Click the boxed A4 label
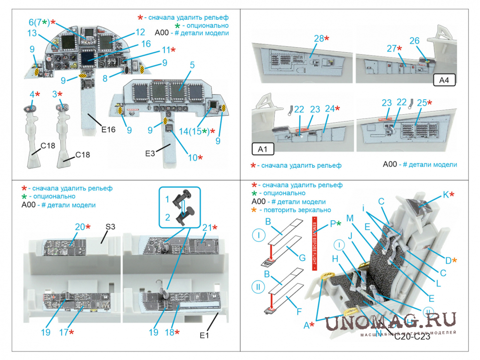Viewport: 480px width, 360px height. (444, 80)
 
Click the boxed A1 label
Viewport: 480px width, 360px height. (263, 150)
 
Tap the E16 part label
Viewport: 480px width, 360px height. (108, 130)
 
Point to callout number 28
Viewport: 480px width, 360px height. (319, 39)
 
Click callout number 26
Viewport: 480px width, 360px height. (414, 41)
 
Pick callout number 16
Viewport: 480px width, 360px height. (146, 44)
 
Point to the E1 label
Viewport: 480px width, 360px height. (204, 336)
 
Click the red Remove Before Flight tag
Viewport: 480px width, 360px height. (315, 245)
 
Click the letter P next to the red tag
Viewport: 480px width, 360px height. (332, 223)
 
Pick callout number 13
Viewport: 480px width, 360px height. (32, 33)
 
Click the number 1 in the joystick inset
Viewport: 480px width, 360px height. (167, 200)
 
